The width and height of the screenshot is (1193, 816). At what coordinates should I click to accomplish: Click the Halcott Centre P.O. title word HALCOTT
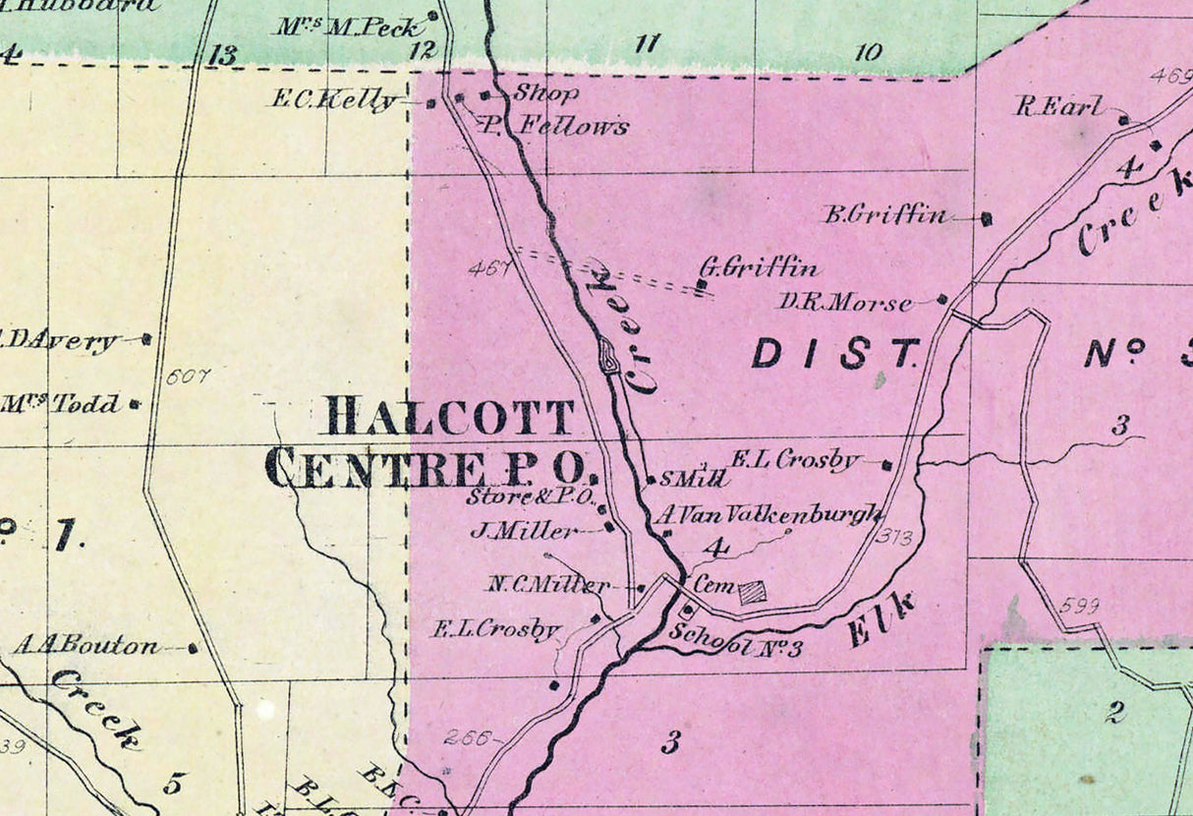tap(449, 418)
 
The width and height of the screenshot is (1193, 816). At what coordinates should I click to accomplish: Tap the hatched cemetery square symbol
tap(753, 591)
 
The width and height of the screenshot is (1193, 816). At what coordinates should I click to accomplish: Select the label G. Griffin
tap(758, 266)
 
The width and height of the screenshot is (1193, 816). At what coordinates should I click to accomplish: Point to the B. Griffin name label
tap(885, 215)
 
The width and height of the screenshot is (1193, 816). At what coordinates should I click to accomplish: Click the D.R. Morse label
tap(845, 303)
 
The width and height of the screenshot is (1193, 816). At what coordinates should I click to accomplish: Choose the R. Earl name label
tap(1059, 107)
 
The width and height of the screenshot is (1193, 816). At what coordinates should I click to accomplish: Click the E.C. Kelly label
tap(334, 100)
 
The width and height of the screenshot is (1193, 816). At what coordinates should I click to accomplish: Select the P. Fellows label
tap(554, 126)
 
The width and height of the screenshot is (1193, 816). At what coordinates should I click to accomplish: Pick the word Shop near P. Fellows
tap(545, 94)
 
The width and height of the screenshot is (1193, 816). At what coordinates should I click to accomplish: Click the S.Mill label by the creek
tap(694, 480)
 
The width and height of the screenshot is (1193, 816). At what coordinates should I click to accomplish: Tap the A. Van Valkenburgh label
tap(769, 515)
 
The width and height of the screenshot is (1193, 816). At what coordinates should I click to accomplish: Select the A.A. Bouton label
tap(85, 647)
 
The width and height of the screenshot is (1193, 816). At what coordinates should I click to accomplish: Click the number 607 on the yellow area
tap(188, 376)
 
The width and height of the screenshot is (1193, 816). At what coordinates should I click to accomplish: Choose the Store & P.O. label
tap(531, 497)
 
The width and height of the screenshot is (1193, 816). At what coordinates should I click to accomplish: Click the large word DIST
tap(837, 353)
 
